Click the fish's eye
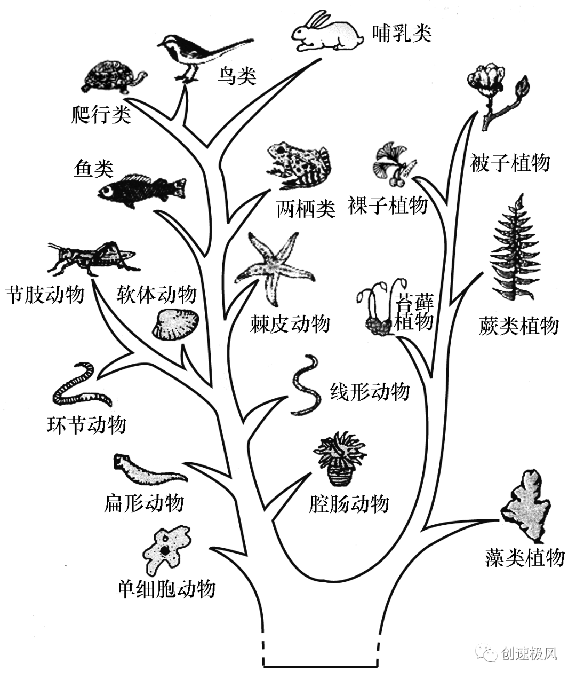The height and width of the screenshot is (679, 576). pyautogui.click(x=109, y=191)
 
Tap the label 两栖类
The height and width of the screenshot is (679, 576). pyautogui.click(x=306, y=209)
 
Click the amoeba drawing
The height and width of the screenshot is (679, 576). pyautogui.click(x=165, y=550)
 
